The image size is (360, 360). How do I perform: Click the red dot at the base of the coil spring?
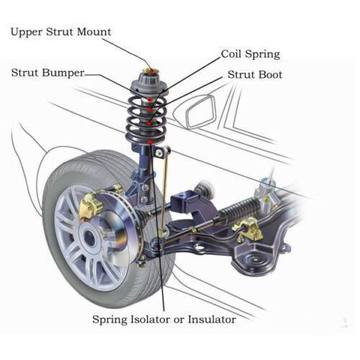[x=148, y=143]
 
